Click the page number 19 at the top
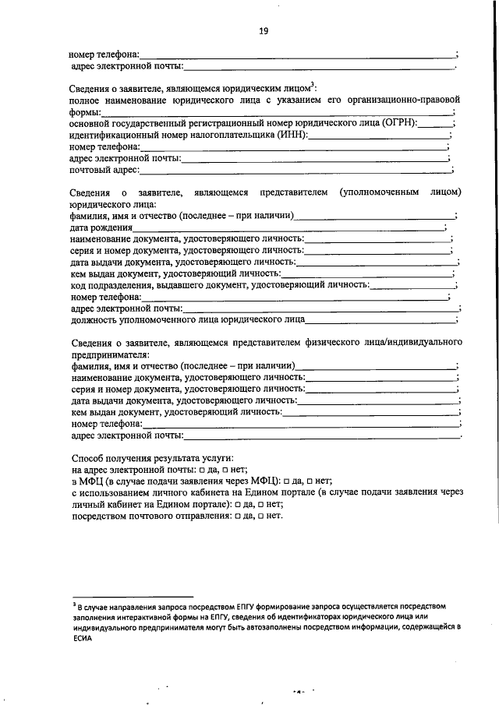click(x=263, y=31)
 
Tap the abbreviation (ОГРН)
click(x=395, y=123)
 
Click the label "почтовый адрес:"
click(x=104, y=170)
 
